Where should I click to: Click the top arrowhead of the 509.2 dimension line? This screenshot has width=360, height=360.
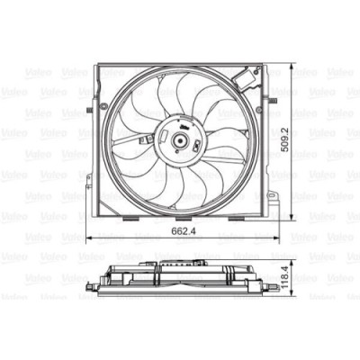[294, 65]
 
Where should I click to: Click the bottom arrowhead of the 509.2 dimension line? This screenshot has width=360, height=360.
[294, 216]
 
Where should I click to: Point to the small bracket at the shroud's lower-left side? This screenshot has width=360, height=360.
[85, 176]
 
